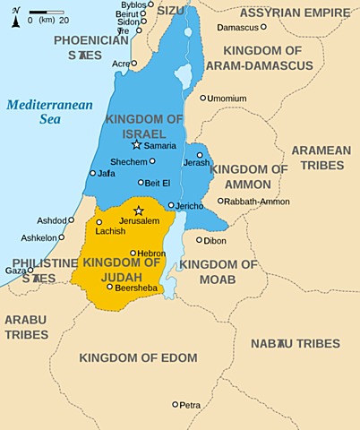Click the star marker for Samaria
tap(136, 144)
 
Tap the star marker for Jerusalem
tap(138, 211)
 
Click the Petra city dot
tap(176, 404)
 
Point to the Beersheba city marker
tap(109, 287)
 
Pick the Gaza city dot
tap(30, 270)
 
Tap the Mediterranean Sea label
tap(50, 112)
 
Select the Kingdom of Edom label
tap(138, 357)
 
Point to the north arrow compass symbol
tap(16, 17)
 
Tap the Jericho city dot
tap(170, 205)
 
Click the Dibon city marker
tap(199, 239)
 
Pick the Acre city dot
tap(133, 64)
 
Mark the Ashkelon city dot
tap(61, 238)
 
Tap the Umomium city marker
tap(203, 98)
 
